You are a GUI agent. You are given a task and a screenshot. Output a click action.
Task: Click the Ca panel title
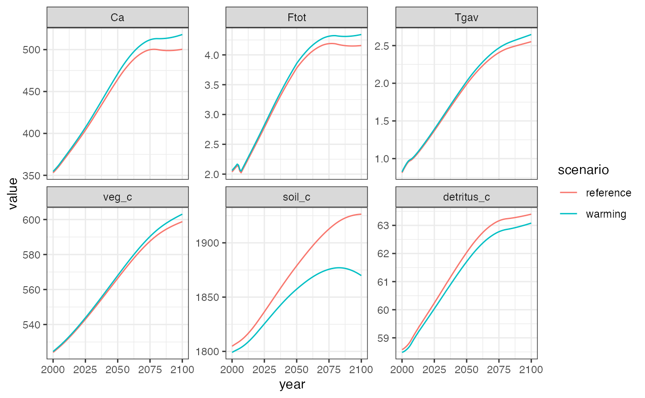(x=118, y=17)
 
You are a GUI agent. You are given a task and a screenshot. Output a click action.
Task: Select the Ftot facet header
(x=297, y=17)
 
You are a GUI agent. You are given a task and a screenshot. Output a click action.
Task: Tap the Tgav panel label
(x=467, y=17)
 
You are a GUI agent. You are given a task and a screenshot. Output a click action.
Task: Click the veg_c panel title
(x=118, y=197)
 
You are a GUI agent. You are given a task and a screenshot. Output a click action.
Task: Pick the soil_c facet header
(x=297, y=197)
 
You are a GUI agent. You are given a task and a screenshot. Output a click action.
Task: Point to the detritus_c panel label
(x=467, y=197)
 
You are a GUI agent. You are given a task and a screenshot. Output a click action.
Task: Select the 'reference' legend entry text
(x=608, y=193)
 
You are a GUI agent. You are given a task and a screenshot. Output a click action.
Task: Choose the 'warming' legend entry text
(x=606, y=214)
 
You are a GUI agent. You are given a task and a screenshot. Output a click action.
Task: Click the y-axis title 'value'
(x=13, y=193)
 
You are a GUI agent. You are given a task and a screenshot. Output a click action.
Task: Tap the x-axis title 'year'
(x=292, y=385)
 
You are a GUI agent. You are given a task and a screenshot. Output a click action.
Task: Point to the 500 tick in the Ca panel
(x=32, y=50)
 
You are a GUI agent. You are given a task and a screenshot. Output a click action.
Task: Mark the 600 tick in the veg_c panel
(x=32, y=220)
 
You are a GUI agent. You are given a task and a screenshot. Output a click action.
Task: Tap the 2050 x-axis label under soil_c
(x=297, y=369)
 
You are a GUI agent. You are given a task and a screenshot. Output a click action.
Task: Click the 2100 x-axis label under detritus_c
(x=531, y=369)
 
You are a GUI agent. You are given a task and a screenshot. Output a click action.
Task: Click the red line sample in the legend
(x=569, y=193)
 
